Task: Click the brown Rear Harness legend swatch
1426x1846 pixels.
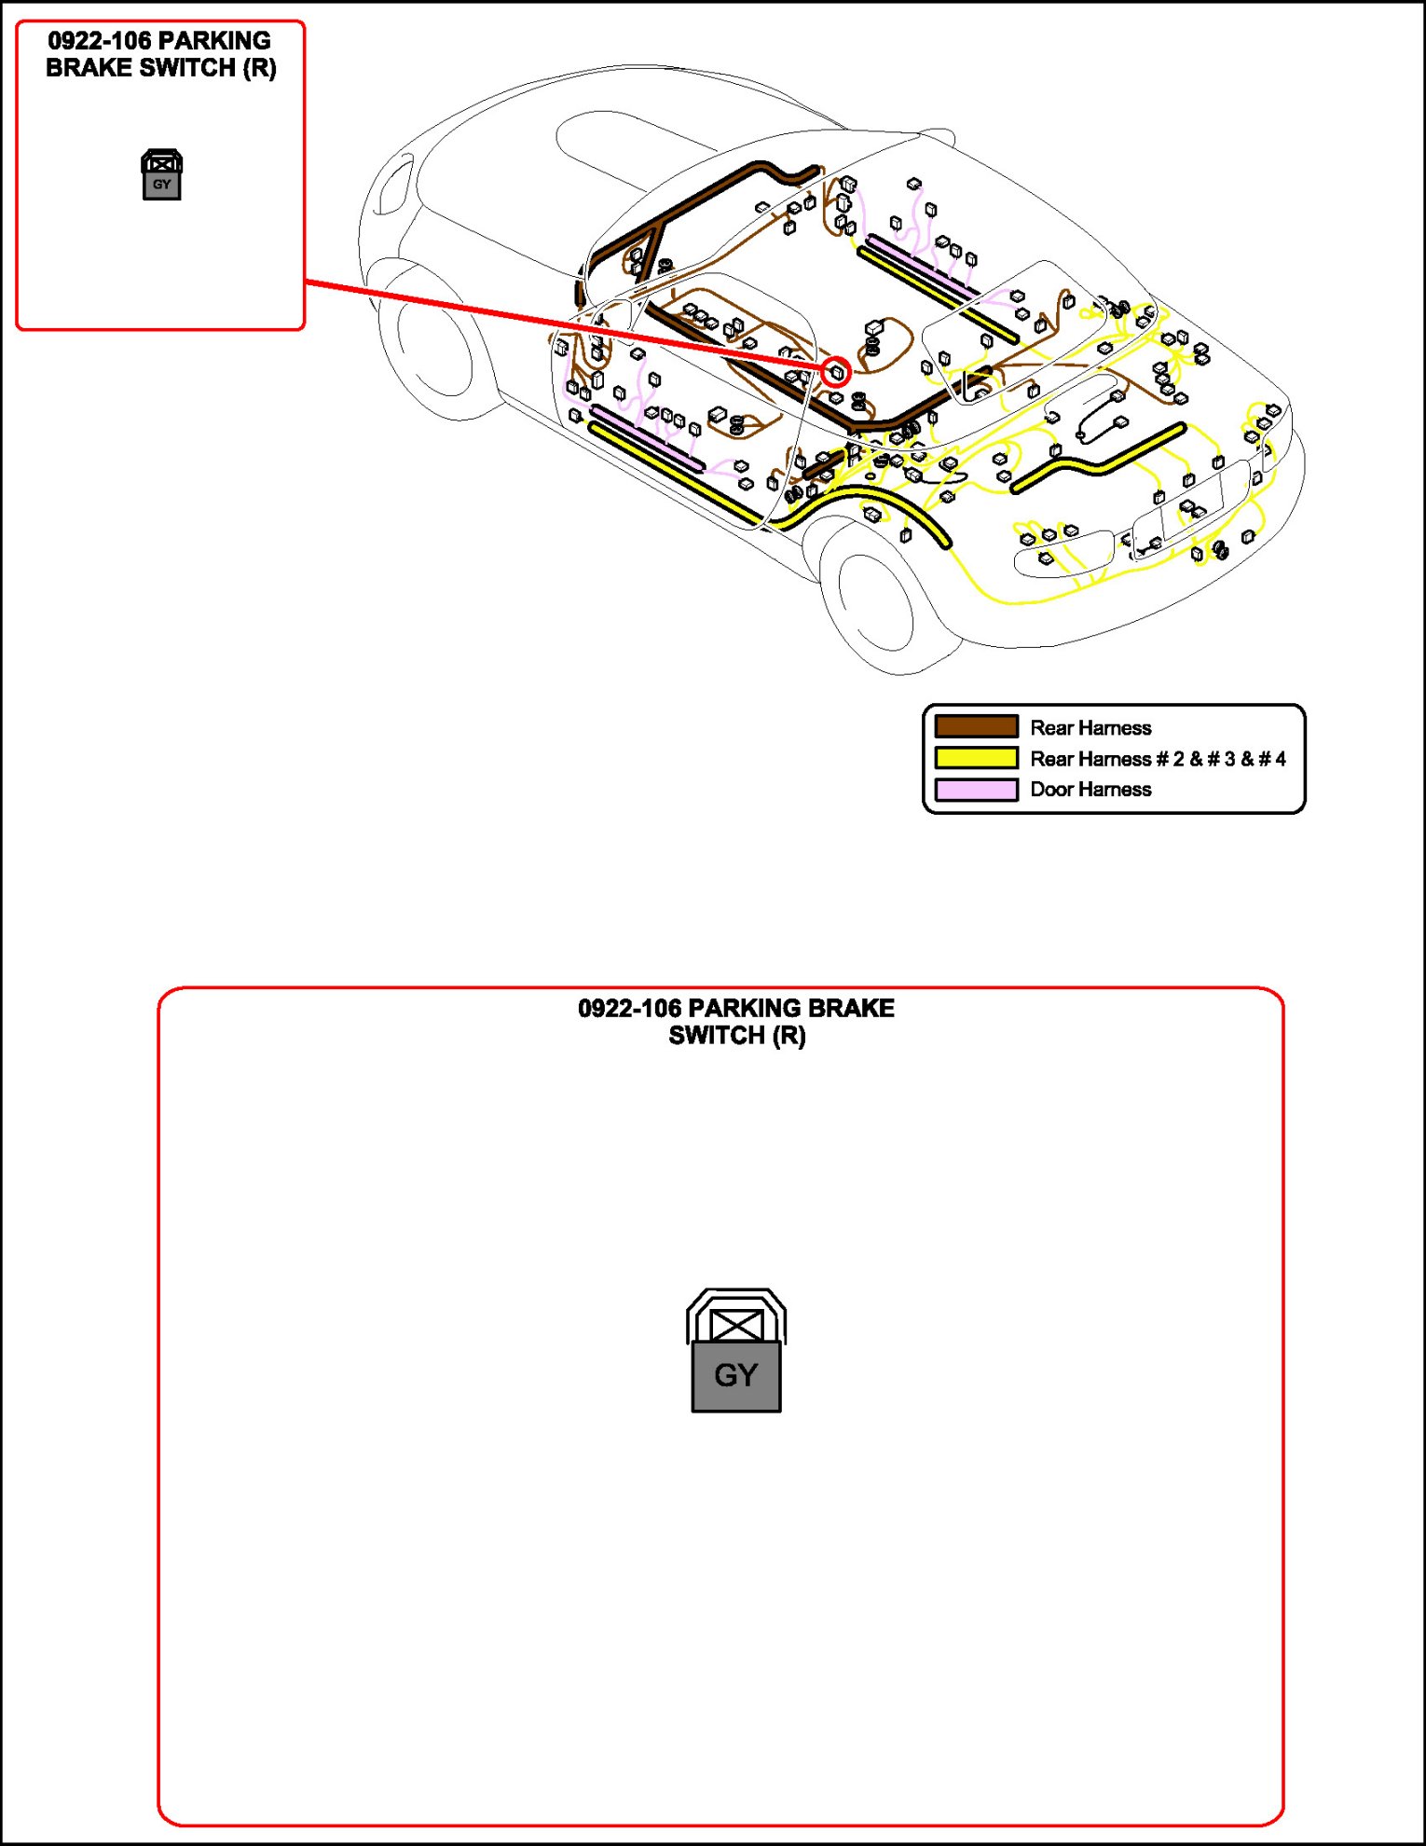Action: tap(976, 727)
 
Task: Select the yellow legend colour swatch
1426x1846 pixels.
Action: tap(976, 758)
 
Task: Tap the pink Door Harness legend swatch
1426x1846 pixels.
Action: tap(976, 790)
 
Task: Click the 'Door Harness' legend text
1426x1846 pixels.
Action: tap(1090, 790)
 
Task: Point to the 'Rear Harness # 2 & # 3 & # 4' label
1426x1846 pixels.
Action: tap(1158, 759)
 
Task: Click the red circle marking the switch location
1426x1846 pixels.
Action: tap(836, 372)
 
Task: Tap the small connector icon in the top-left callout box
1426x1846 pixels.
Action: tap(161, 174)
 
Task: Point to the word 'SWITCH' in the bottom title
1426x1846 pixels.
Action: tap(717, 1036)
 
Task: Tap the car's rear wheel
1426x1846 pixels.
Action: tap(876, 597)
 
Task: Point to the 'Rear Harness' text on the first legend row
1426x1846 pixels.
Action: tap(1090, 728)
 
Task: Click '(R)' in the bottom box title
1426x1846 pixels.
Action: tap(788, 1036)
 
